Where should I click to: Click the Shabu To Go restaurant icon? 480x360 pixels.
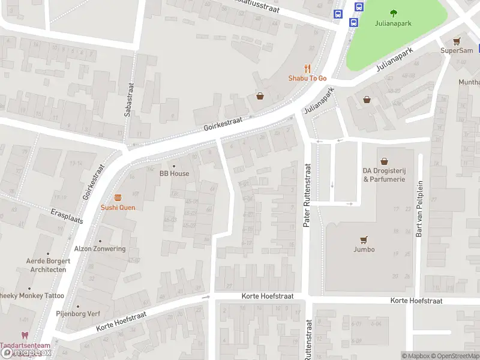[x=307, y=69]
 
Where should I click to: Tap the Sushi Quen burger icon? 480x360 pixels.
[x=118, y=197]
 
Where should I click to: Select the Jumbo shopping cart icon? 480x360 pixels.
[x=364, y=239]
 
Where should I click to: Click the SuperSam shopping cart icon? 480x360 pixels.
[x=457, y=41]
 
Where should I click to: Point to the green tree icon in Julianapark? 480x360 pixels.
[x=394, y=13]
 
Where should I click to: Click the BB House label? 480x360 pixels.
[x=174, y=173]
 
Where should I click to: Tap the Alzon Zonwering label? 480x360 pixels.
[x=100, y=249]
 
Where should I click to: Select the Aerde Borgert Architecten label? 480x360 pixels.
[x=48, y=265]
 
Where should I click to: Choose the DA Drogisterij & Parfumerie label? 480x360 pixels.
[x=384, y=175]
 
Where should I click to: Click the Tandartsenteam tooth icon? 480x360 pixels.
[x=25, y=336]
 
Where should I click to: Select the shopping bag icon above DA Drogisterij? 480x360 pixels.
[x=384, y=161]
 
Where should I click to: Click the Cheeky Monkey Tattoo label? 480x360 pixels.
[x=31, y=296]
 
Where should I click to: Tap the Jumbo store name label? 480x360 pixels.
[x=364, y=250]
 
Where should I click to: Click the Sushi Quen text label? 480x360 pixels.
[x=118, y=208]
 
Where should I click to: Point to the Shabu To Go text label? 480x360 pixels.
[x=307, y=78]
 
